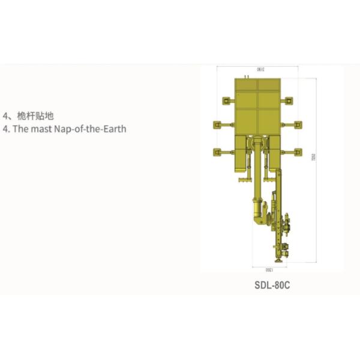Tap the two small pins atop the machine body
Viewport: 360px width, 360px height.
pyautogui.click(x=246, y=76)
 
